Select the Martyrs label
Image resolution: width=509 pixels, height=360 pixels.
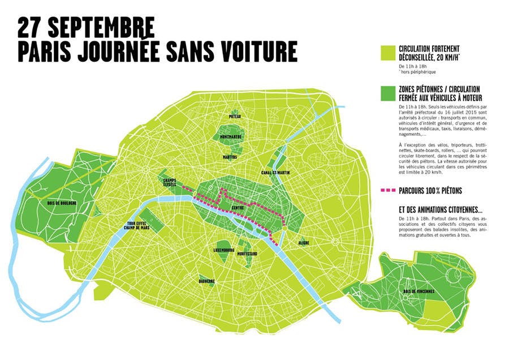click(230, 157)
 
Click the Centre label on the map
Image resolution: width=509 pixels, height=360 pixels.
click(238, 208)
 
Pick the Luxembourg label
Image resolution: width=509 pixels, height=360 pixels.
click(224, 250)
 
